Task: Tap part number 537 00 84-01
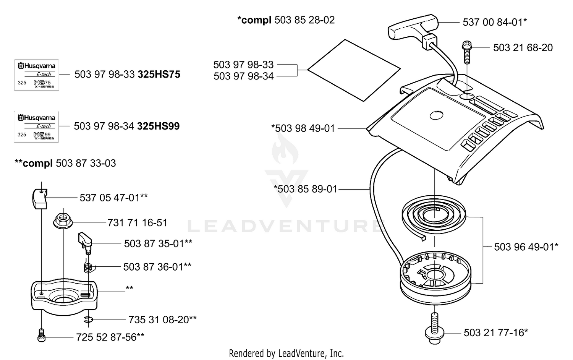click(495, 23)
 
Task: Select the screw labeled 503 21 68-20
click(467, 52)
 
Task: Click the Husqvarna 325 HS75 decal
click(36, 75)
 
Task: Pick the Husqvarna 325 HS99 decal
click(36, 127)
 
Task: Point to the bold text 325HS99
click(159, 126)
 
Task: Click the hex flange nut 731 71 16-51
click(63, 222)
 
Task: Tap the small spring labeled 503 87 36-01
click(88, 268)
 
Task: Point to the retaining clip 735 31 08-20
click(89, 319)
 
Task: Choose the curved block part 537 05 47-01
click(40, 199)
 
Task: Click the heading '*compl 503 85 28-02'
click(286, 20)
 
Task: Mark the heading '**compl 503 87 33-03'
click(65, 163)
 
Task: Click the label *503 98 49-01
click(303, 128)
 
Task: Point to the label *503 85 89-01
click(306, 189)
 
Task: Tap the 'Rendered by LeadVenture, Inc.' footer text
click(286, 354)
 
